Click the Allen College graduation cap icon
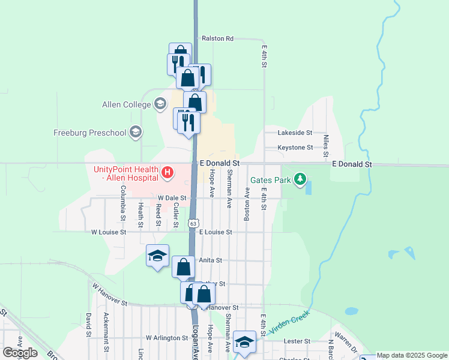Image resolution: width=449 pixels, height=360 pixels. (x=160, y=105)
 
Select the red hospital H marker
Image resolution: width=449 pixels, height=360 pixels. (x=168, y=174)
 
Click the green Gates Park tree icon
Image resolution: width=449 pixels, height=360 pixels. (x=300, y=179)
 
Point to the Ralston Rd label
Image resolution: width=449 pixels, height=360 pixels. (x=217, y=38)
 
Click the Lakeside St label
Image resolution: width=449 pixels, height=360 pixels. (x=295, y=132)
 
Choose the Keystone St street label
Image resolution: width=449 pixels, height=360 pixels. (x=295, y=148)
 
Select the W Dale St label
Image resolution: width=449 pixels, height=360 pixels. (x=173, y=197)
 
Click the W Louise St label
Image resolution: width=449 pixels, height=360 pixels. (x=109, y=232)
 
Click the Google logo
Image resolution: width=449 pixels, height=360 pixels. (x=20, y=353)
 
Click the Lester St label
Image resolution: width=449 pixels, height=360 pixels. (x=298, y=341)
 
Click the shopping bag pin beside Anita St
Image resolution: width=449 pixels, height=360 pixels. (x=184, y=266)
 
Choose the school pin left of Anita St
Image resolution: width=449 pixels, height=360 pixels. (x=158, y=256)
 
